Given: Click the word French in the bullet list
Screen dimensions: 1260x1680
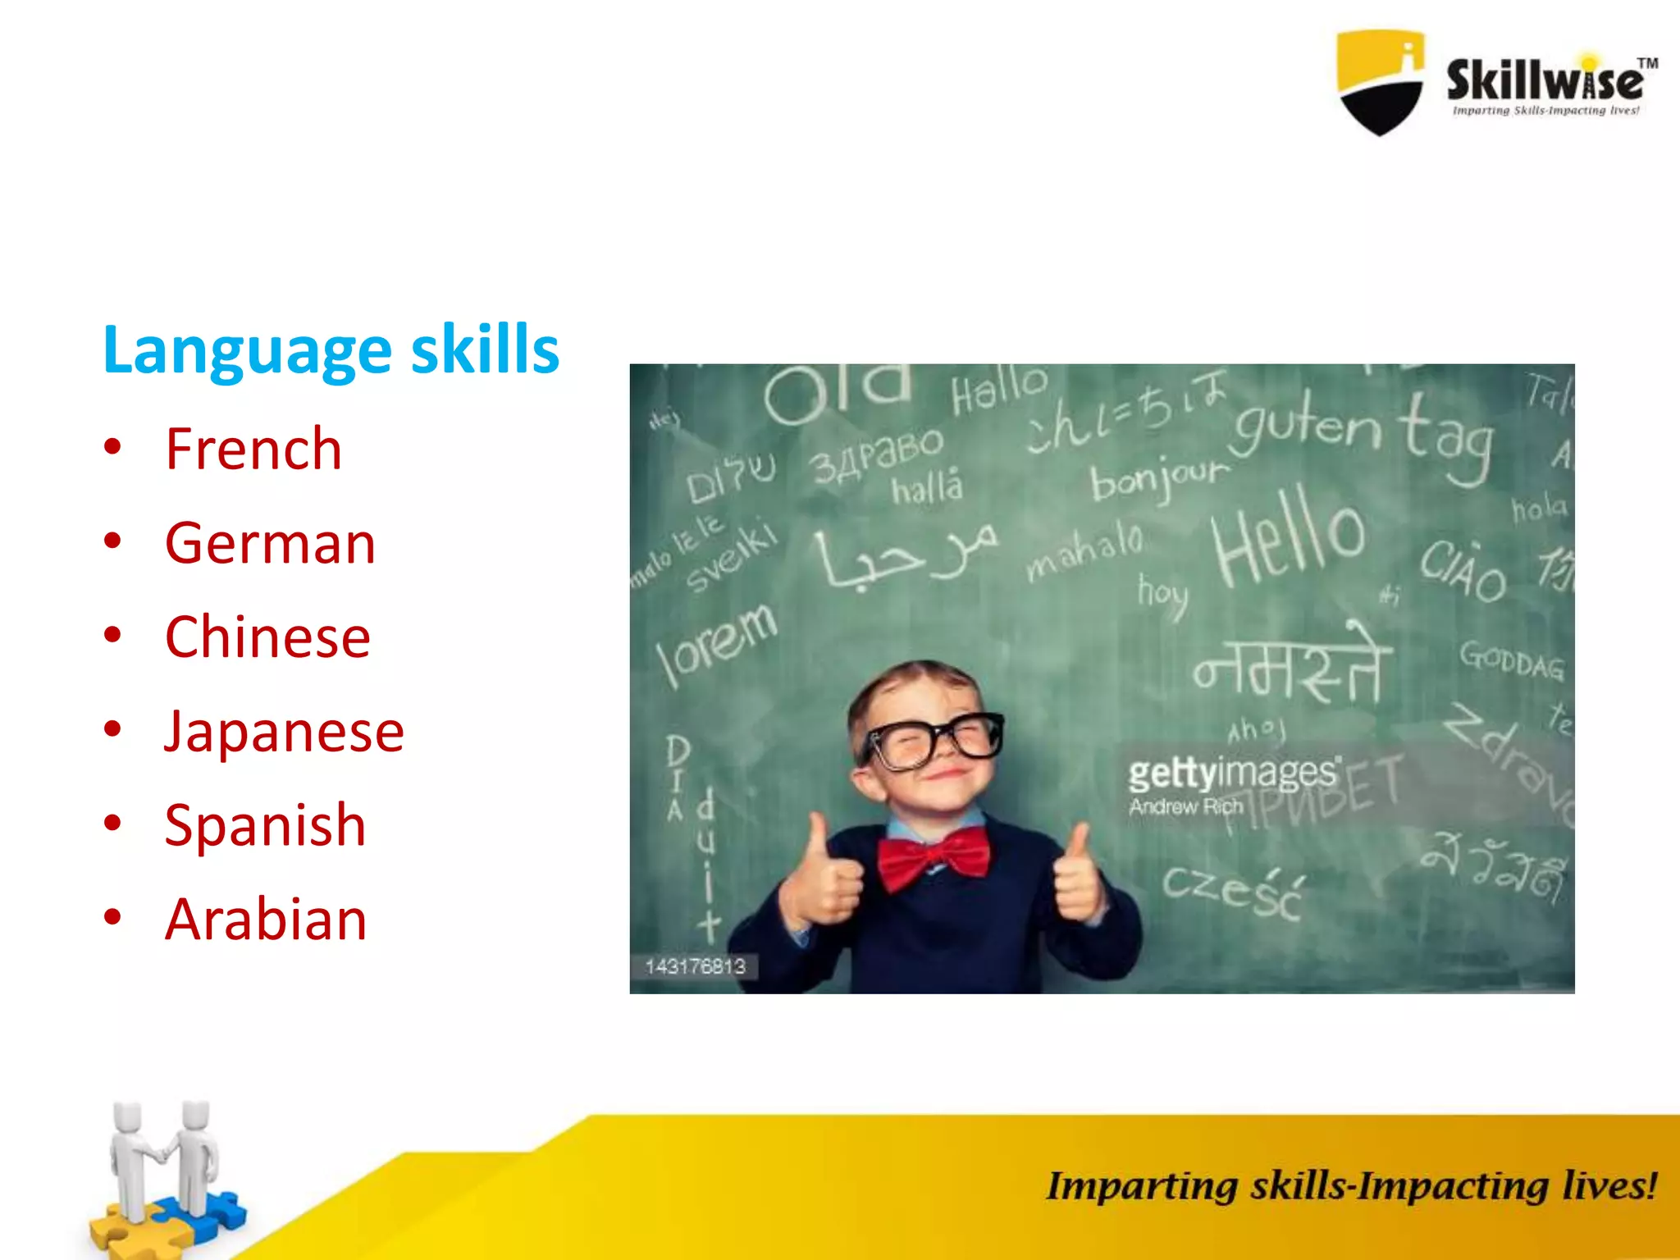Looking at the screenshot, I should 253,450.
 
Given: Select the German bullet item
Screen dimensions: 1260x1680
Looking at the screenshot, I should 270,544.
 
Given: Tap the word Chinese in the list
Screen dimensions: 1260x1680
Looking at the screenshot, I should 267,637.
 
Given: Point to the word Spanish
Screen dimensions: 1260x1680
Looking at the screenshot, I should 265,825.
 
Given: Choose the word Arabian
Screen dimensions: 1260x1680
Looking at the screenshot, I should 266,920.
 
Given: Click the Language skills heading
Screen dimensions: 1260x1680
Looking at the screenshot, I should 331,350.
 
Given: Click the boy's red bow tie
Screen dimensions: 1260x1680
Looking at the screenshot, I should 934,861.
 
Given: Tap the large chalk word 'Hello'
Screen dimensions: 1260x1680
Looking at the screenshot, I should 1288,535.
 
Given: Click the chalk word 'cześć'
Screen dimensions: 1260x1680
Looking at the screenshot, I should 1232,891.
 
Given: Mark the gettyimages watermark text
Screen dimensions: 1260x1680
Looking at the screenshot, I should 1233,774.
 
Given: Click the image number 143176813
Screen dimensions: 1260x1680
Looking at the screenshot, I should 695,966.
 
